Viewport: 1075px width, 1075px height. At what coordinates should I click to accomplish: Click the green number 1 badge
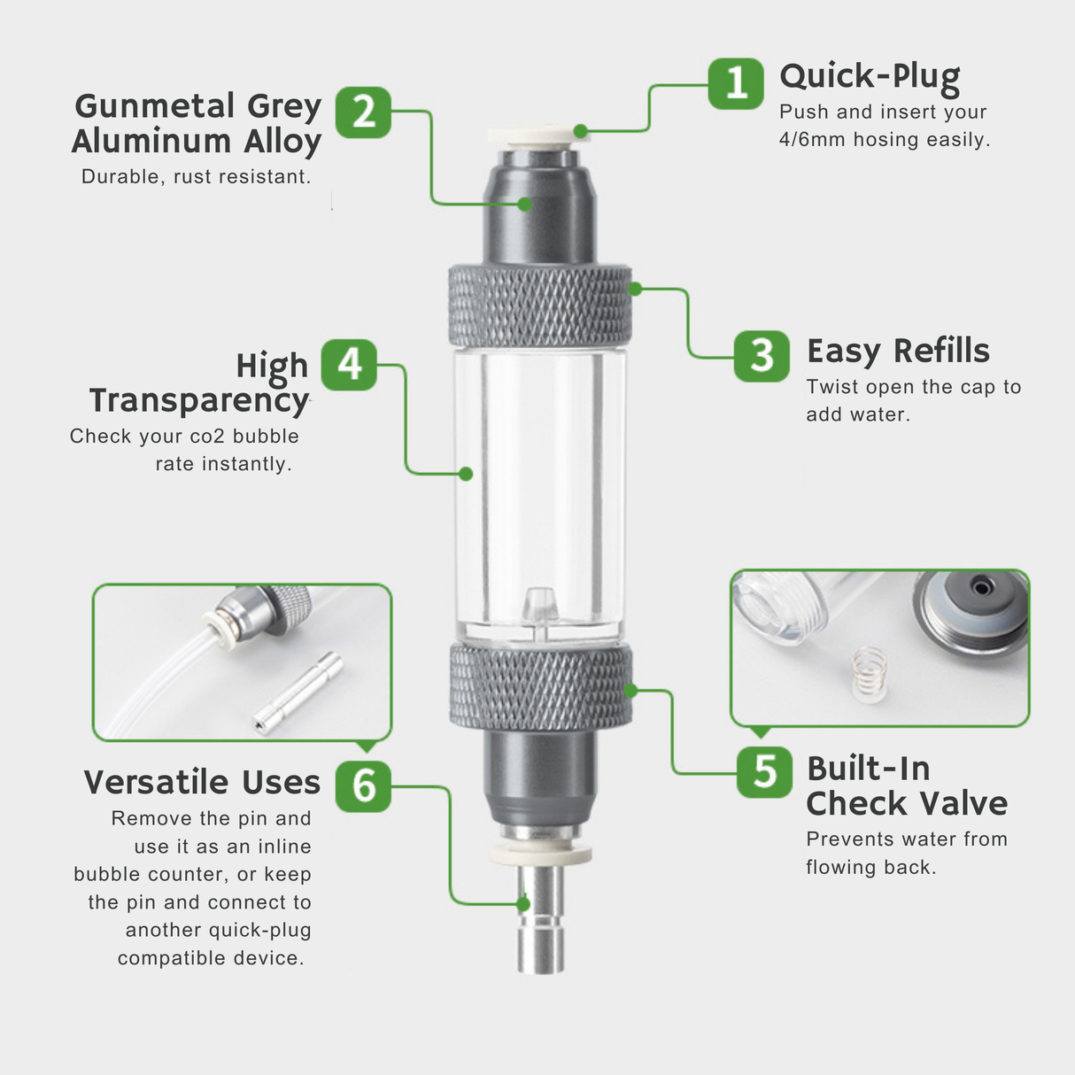736,84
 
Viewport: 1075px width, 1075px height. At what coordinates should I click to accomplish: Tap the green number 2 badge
363,112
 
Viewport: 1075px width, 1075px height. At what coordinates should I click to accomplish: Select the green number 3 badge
762,356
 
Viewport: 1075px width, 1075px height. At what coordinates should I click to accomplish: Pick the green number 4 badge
349,365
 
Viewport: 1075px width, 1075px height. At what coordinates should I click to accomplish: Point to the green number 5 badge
764,772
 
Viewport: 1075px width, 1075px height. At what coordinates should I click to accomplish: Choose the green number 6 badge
363,785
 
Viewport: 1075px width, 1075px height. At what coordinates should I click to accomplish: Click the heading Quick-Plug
870,77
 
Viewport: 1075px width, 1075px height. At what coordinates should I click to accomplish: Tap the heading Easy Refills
898,351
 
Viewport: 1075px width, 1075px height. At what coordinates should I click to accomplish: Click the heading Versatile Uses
202,783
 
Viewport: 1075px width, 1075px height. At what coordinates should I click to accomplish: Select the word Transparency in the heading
199,400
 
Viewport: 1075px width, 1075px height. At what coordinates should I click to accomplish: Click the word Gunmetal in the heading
155,106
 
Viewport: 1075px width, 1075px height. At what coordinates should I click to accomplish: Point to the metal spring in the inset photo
869,673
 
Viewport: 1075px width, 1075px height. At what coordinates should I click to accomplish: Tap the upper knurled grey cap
539,305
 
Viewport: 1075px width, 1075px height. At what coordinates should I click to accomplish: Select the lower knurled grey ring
540,687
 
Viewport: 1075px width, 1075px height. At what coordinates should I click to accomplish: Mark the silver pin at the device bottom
540,921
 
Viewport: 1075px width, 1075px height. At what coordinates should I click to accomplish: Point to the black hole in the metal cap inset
980,587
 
